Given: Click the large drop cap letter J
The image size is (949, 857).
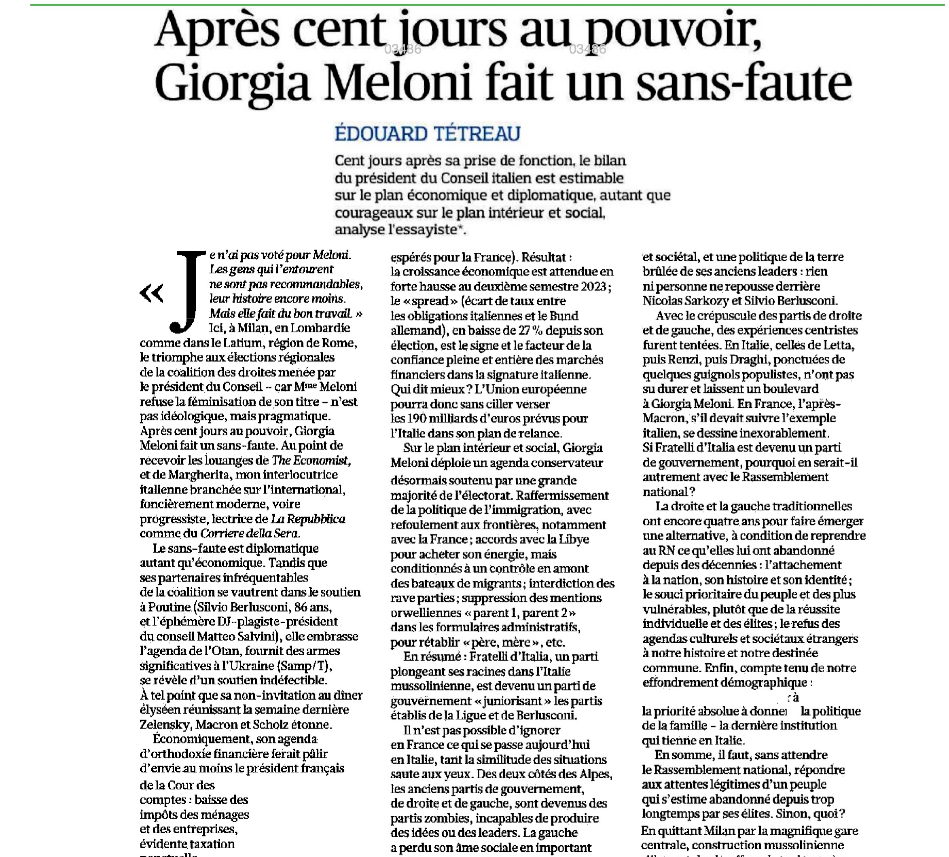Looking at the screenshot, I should (188, 292).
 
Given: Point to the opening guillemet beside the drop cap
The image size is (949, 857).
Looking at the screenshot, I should (152, 293).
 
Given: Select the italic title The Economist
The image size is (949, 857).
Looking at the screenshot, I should (311, 460).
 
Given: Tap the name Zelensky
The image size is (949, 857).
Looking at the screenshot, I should (165, 724).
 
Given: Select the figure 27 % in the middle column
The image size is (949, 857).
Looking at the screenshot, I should (532, 330).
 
